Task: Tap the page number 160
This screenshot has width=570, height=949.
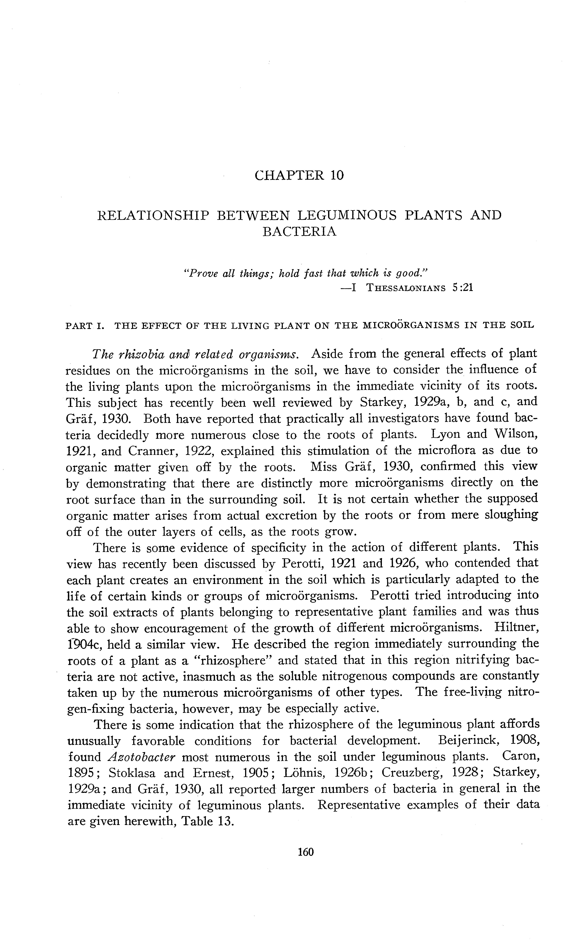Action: click(x=306, y=852)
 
